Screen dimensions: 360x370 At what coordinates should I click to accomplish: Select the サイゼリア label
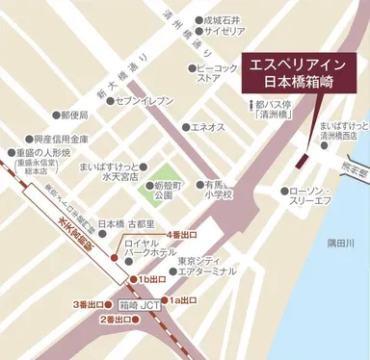pyautogui.click(x=220, y=31)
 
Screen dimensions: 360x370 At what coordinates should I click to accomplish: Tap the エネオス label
pyautogui.click(x=207, y=127)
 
